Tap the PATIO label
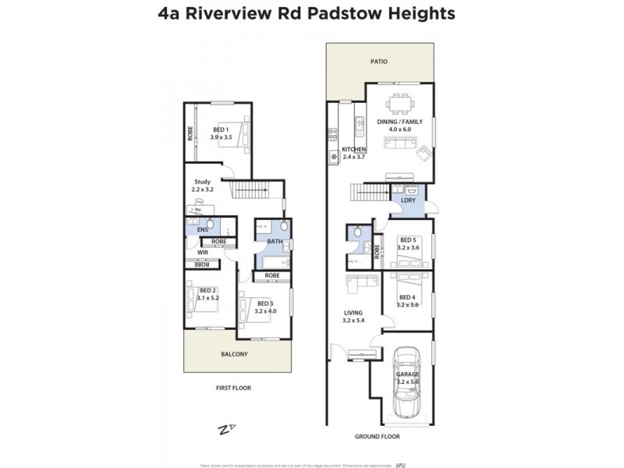point(380,61)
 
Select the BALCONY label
point(234,354)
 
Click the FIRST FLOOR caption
point(233,388)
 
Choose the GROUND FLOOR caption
point(377,437)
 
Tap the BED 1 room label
point(220,130)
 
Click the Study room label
point(203,181)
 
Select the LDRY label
point(408,200)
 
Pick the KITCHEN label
point(354,148)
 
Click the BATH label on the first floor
point(275,242)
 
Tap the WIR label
point(201,253)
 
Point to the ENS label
point(202,229)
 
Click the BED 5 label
point(408,241)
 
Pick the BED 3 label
point(265,303)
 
